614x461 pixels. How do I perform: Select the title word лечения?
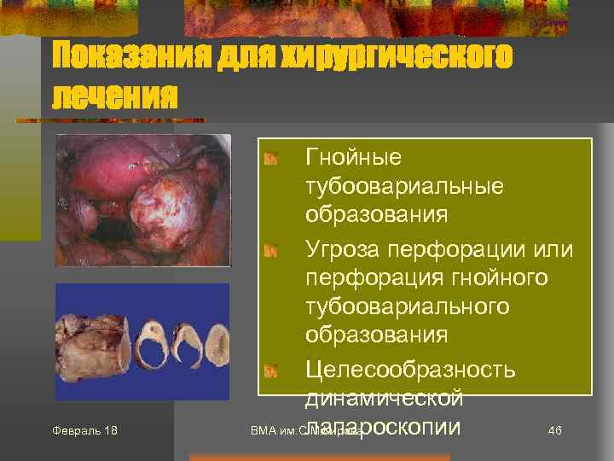115,96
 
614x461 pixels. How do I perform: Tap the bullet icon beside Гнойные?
270,158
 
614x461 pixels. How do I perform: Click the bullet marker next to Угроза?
270,250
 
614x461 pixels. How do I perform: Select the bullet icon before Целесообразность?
270,371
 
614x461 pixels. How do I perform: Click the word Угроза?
343,249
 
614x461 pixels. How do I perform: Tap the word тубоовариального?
408,306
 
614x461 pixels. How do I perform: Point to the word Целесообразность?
410,370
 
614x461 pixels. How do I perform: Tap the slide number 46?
554,429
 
